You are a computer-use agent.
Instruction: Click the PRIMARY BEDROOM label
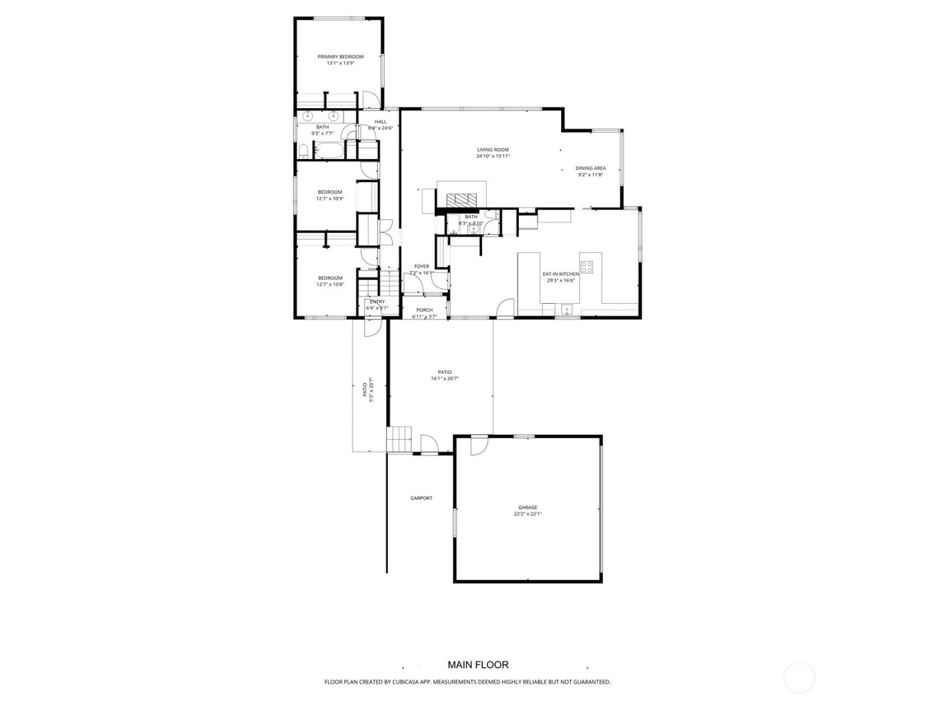click(x=340, y=57)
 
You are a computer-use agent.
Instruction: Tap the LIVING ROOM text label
click(x=493, y=150)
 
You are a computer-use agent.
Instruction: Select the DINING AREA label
click(x=590, y=168)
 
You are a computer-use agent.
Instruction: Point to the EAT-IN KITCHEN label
click(x=560, y=274)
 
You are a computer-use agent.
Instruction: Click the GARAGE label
click(x=528, y=507)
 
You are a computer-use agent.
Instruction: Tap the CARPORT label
click(x=421, y=498)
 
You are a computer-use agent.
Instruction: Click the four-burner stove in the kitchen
click(x=587, y=267)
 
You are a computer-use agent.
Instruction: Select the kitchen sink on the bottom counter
click(x=566, y=308)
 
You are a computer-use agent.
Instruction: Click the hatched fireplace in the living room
click(x=461, y=199)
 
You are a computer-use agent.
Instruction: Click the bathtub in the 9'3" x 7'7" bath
click(x=328, y=150)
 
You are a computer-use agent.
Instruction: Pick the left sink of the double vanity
click(x=308, y=116)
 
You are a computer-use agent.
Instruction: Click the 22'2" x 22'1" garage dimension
click(x=528, y=514)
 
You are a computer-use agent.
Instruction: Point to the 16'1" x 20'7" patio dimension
click(x=445, y=379)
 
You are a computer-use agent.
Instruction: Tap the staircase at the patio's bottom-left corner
click(x=399, y=440)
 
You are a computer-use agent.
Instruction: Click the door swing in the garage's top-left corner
click(x=478, y=445)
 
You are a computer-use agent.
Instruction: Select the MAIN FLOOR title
click(x=478, y=664)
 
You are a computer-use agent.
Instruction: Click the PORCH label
click(x=424, y=310)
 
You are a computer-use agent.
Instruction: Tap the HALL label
click(x=380, y=122)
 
